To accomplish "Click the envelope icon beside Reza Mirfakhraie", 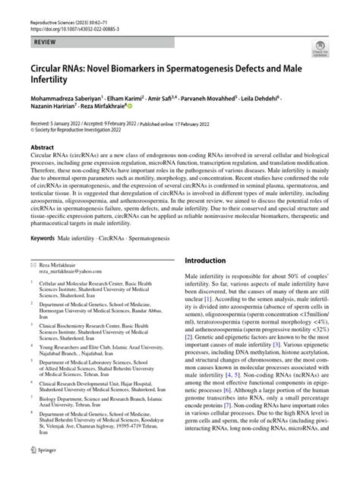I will (32, 263).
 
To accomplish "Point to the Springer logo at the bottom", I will (46, 471).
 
